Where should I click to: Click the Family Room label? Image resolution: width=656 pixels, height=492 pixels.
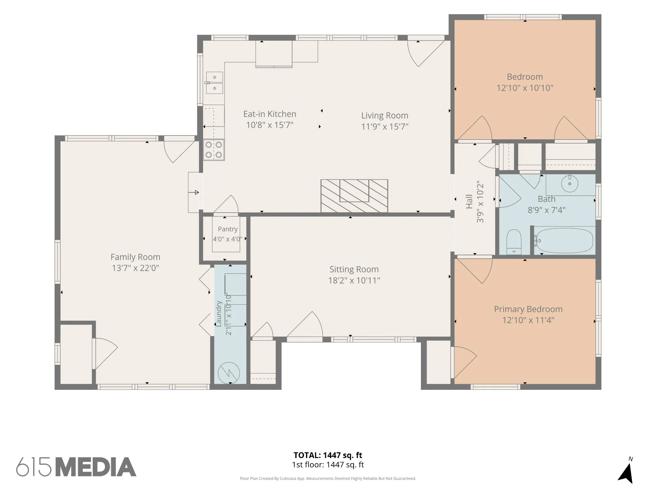pos(135,257)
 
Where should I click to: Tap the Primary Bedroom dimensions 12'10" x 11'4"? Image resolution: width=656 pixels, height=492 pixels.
pos(528,320)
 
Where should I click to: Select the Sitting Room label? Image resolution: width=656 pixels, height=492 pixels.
pos(354,269)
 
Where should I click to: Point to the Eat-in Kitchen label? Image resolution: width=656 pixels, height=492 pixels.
pos(270,114)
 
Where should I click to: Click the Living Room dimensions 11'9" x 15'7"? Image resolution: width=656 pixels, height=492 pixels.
pos(385,127)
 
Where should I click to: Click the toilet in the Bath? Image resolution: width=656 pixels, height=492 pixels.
pos(514,242)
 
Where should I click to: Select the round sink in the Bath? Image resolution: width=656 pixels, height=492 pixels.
pos(570,184)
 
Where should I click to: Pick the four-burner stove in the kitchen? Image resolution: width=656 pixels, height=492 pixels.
pos(214,150)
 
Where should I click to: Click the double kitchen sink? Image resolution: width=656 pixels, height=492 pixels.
pos(214,83)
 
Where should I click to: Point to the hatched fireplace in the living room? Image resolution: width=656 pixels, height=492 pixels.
pos(354,196)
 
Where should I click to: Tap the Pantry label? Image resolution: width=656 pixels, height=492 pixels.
pos(228,229)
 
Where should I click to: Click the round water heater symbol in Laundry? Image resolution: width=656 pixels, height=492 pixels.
pos(229,373)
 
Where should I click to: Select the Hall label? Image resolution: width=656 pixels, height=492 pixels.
pos(469,201)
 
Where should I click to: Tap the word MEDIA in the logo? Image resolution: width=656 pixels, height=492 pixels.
pos(96,467)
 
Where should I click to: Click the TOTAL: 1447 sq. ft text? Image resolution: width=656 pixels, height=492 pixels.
pos(328,455)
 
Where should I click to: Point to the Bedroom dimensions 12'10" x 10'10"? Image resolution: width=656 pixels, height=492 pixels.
pos(525,88)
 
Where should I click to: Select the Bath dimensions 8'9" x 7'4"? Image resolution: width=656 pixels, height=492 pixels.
pos(546,210)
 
